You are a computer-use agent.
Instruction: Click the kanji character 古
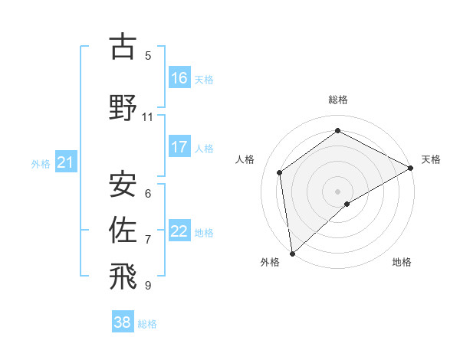[123, 47]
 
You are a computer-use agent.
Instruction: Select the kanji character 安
[123, 185]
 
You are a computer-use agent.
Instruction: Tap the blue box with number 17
[179, 147]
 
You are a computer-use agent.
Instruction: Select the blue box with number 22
[179, 231]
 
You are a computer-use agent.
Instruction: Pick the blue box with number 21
[65, 162]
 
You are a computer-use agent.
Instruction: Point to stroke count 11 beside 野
[147, 117]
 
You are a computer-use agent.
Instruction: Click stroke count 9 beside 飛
[147, 286]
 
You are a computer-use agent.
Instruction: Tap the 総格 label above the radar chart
[338, 100]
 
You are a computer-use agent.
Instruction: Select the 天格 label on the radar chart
[431, 159]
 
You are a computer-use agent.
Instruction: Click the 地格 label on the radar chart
[402, 262]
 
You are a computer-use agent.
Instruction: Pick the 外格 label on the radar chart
[270, 262]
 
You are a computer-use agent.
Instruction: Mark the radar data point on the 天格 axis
[411, 169]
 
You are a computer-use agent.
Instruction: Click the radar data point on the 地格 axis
[347, 204]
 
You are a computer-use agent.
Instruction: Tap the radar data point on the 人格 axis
[280, 172]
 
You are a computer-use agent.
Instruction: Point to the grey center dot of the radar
[338, 191]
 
